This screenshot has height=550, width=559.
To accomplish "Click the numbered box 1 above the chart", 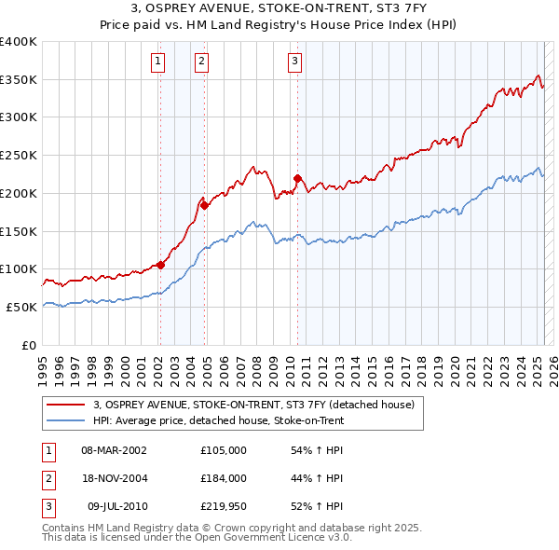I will point(158,62).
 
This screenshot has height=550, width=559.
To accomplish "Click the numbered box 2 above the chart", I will point(201,62).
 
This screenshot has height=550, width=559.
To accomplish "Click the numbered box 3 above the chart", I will point(294,62).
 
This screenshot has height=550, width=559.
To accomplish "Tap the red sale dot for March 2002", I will point(160,265).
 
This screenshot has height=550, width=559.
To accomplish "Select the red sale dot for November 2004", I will point(205,204).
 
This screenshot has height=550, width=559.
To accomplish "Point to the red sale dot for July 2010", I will point(297,177).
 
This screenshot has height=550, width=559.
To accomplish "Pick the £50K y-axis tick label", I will point(22,307).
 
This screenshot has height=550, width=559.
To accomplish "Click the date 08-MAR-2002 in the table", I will point(114,450).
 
